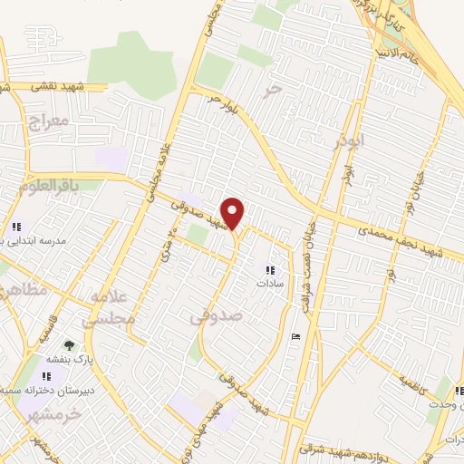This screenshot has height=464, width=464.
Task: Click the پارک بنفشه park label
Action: click(69, 359)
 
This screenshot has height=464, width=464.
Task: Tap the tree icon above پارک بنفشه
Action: click(69, 345)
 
